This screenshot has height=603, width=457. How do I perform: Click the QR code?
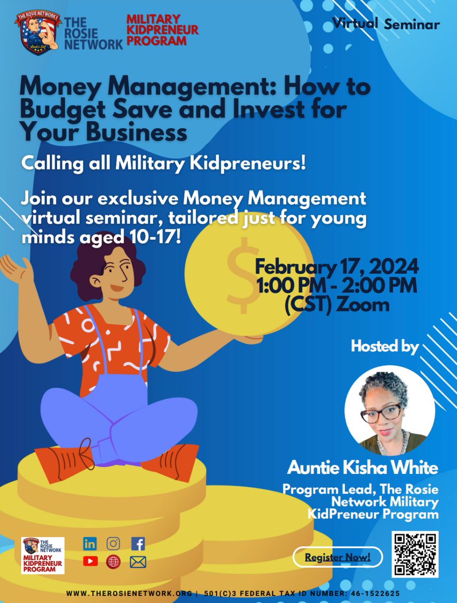click(x=415, y=554)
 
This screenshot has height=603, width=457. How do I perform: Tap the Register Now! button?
click(x=337, y=557)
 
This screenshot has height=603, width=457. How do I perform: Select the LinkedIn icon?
click(x=90, y=543)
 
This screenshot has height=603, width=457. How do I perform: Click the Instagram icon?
click(x=114, y=543)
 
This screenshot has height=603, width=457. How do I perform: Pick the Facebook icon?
click(x=138, y=543)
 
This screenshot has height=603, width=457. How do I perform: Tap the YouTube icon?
click(x=90, y=561)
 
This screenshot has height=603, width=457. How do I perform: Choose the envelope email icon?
click(x=138, y=562)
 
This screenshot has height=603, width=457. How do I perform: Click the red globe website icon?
click(x=114, y=562)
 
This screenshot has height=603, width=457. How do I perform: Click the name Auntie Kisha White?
click(x=362, y=468)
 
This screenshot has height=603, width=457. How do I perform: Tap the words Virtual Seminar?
click(x=386, y=24)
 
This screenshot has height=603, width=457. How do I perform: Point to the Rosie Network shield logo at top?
click(x=38, y=33)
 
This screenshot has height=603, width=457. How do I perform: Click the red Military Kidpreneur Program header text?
click(x=162, y=30)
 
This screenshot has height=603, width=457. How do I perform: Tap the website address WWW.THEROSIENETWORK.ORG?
click(x=129, y=593)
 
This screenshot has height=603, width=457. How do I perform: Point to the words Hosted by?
click(x=385, y=346)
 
